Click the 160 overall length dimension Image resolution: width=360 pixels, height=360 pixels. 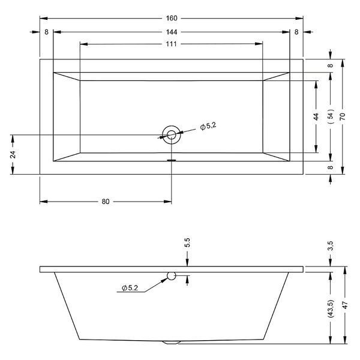pos(172,18)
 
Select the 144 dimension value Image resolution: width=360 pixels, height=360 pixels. pos(172,32)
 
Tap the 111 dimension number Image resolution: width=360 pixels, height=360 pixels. pos(171,44)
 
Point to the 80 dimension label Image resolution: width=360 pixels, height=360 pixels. pos(106,202)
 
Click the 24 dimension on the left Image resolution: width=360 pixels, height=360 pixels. pos(13,155)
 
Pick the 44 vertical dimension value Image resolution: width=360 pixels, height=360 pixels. pos(316,116)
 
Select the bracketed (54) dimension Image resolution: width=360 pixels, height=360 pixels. pos(331,116)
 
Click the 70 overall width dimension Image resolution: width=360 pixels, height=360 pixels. pos(343,116)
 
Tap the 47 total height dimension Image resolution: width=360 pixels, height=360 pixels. pos(346,305)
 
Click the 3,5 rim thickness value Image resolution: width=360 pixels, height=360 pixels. pos(331,246)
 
